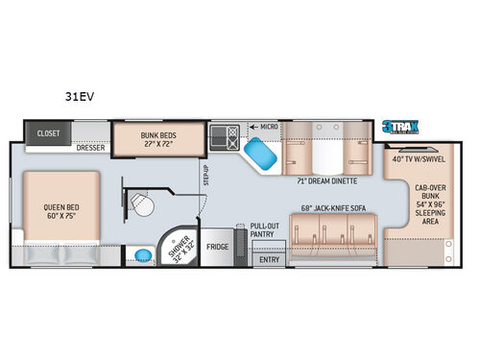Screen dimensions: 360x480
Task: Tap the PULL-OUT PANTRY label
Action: (264, 231)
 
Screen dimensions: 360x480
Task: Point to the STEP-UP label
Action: (205, 177)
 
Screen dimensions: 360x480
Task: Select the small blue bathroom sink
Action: (143, 254)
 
